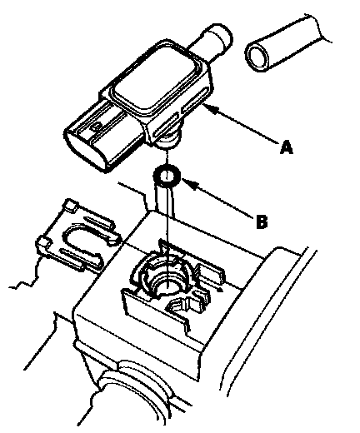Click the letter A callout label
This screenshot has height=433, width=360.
(x=287, y=147)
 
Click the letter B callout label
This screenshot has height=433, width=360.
(x=262, y=221)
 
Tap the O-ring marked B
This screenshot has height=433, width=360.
(x=167, y=176)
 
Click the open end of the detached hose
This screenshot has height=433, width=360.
(x=257, y=56)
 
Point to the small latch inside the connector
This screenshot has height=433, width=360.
(x=97, y=127)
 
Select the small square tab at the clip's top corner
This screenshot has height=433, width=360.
(x=71, y=205)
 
